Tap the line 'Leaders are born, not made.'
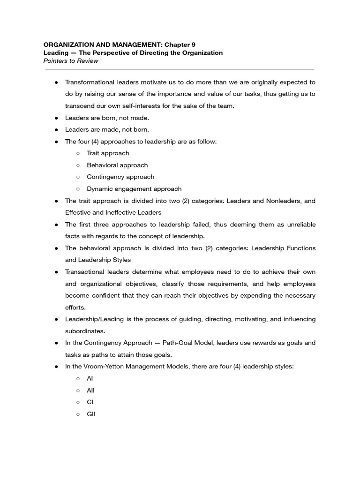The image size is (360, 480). (107, 118)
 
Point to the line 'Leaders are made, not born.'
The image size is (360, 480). (107, 129)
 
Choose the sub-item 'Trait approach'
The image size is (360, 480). (108, 153)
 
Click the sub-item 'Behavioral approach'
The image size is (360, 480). (117, 165)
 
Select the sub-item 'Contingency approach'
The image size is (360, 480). (120, 177)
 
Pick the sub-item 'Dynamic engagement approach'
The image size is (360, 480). (134, 189)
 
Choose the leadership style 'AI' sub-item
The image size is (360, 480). (90, 378)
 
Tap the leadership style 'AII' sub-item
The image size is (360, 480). (91, 390)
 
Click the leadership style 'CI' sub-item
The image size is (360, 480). (90, 402)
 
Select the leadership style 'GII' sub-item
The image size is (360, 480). (91, 414)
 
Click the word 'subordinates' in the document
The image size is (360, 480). (84, 331)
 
